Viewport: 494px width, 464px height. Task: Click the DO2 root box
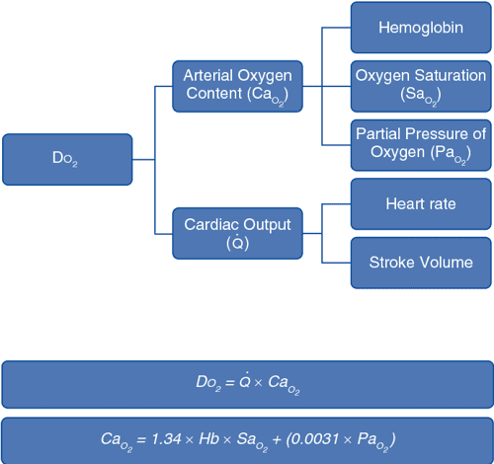(x=66, y=159)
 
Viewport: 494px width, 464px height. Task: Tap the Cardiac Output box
(x=237, y=234)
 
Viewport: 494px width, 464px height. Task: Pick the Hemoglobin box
(x=420, y=28)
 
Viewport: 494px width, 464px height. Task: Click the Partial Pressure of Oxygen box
(x=420, y=143)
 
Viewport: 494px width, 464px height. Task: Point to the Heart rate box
(x=420, y=204)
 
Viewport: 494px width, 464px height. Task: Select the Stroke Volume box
(x=420, y=263)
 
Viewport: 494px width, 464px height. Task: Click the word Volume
(x=445, y=263)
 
